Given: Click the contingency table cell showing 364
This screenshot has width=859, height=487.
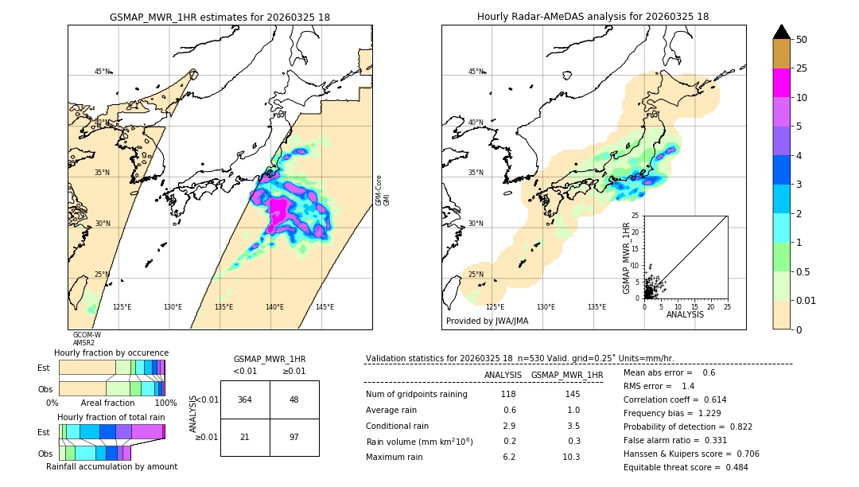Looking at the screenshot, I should [245, 399].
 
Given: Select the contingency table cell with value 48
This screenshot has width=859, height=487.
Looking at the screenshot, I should [293, 399].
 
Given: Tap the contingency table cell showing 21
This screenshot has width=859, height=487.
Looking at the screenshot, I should [245, 438].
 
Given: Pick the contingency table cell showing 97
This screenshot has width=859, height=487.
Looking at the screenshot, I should [293, 438].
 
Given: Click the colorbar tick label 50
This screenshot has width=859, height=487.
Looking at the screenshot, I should [802, 40].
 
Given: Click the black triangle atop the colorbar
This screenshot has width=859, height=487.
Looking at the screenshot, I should [782, 32].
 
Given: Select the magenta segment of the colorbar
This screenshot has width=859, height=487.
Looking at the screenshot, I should [782, 83].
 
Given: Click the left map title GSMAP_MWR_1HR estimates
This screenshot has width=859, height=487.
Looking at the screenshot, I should [220, 17].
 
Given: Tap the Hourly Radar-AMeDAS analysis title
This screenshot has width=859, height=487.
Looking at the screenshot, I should [593, 17].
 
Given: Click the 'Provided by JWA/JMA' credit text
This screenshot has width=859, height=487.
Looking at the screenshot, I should [487, 321].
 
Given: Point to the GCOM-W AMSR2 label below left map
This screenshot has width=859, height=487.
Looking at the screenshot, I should [87, 339].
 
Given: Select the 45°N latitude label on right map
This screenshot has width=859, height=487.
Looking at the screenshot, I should [476, 72].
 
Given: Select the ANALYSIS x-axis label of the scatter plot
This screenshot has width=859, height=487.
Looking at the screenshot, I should [685, 314].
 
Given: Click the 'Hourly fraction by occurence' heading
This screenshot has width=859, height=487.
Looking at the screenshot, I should [111, 353].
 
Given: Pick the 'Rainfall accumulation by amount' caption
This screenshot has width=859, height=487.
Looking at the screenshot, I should [111, 466].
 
